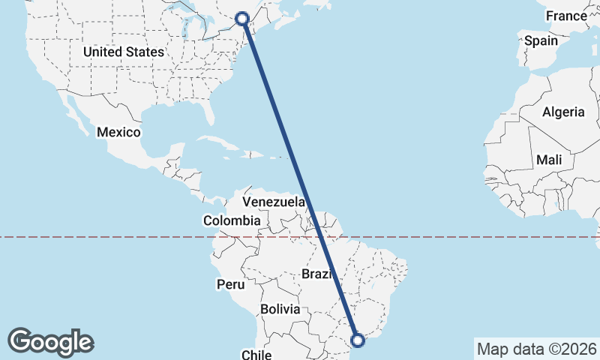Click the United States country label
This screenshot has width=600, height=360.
(x=124, y=52)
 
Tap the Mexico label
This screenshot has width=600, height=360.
(x=118, y=132)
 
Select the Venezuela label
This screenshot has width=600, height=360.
(x=274, y=202)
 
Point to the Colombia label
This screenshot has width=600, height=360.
(x=232, y=220)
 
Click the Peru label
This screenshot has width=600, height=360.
(x=230, y=284)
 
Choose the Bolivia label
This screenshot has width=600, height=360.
(x=280, y=309)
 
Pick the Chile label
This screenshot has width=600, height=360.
(x=256, y=353)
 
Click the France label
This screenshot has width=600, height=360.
(x=566, y=16)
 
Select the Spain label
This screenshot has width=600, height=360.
(x=541, y=40)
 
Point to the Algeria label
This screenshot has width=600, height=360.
(x=563, y=112)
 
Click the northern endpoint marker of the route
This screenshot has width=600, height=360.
(x=242, y=18)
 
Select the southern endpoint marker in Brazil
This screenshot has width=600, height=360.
(x=358, y=340)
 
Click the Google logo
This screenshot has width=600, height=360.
(x=51, y=341)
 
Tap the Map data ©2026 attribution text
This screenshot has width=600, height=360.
(x=536, y=349)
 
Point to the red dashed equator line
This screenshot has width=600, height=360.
(x=112, y=237)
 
